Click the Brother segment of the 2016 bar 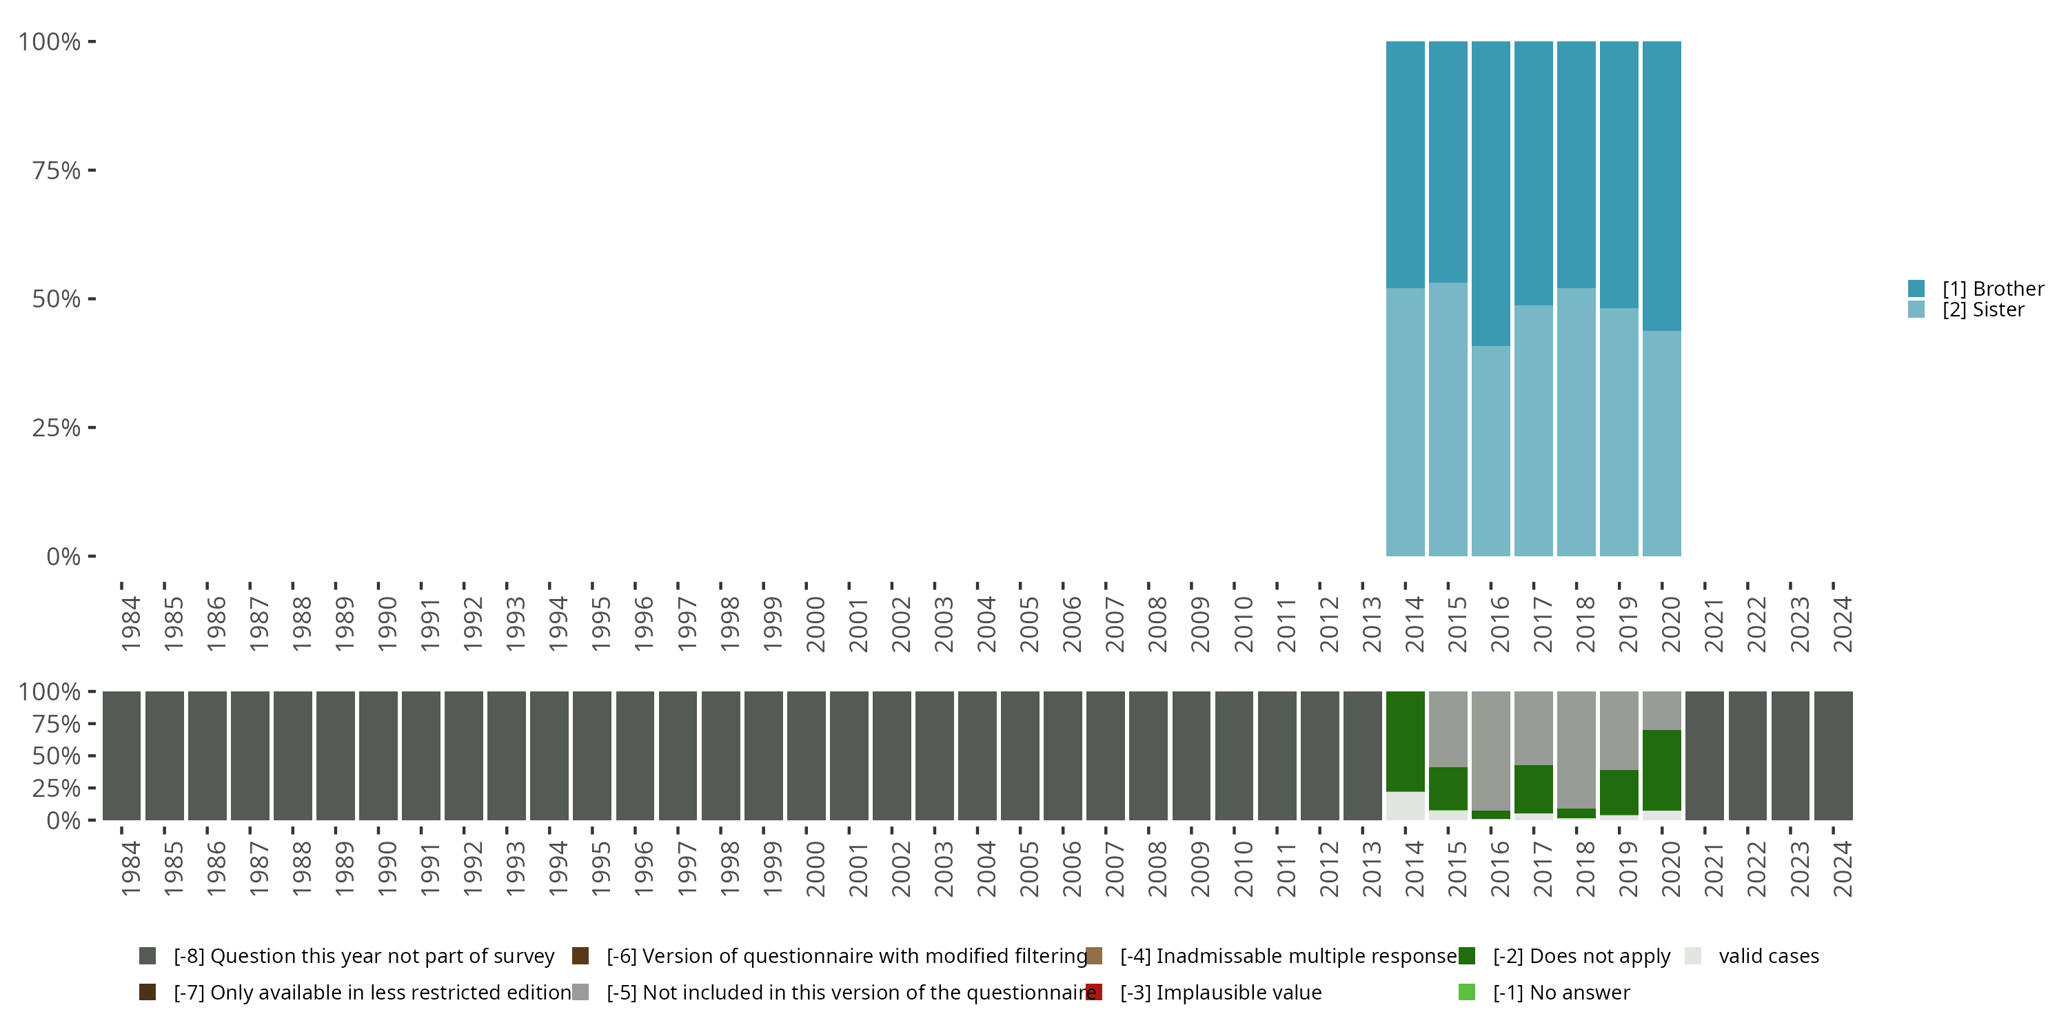1491,193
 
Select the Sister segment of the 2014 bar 1405,421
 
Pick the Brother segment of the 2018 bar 1576,165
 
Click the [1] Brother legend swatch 1916,288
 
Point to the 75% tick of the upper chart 92,170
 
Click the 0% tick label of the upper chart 63,556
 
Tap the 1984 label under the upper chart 131,624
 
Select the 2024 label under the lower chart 1843,869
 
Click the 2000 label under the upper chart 815,624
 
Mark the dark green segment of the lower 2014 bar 1405,741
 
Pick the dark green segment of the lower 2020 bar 1662,770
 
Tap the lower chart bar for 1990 378,756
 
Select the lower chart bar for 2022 1747,756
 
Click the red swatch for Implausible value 1093,992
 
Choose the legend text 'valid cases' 1769,956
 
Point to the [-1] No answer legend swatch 1467,992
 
